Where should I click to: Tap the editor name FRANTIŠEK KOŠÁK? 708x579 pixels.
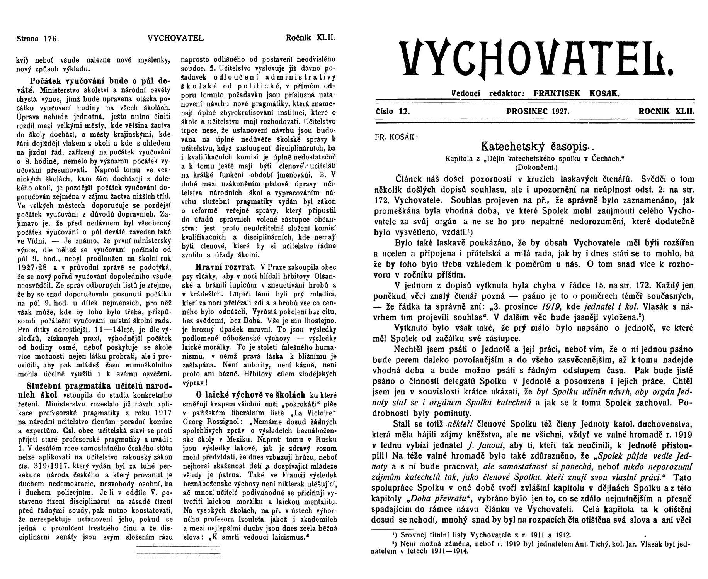(x=576, y=93)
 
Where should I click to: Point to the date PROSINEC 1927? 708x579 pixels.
(x=538, y=112)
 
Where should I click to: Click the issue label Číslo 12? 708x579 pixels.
(x=392, y=112)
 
